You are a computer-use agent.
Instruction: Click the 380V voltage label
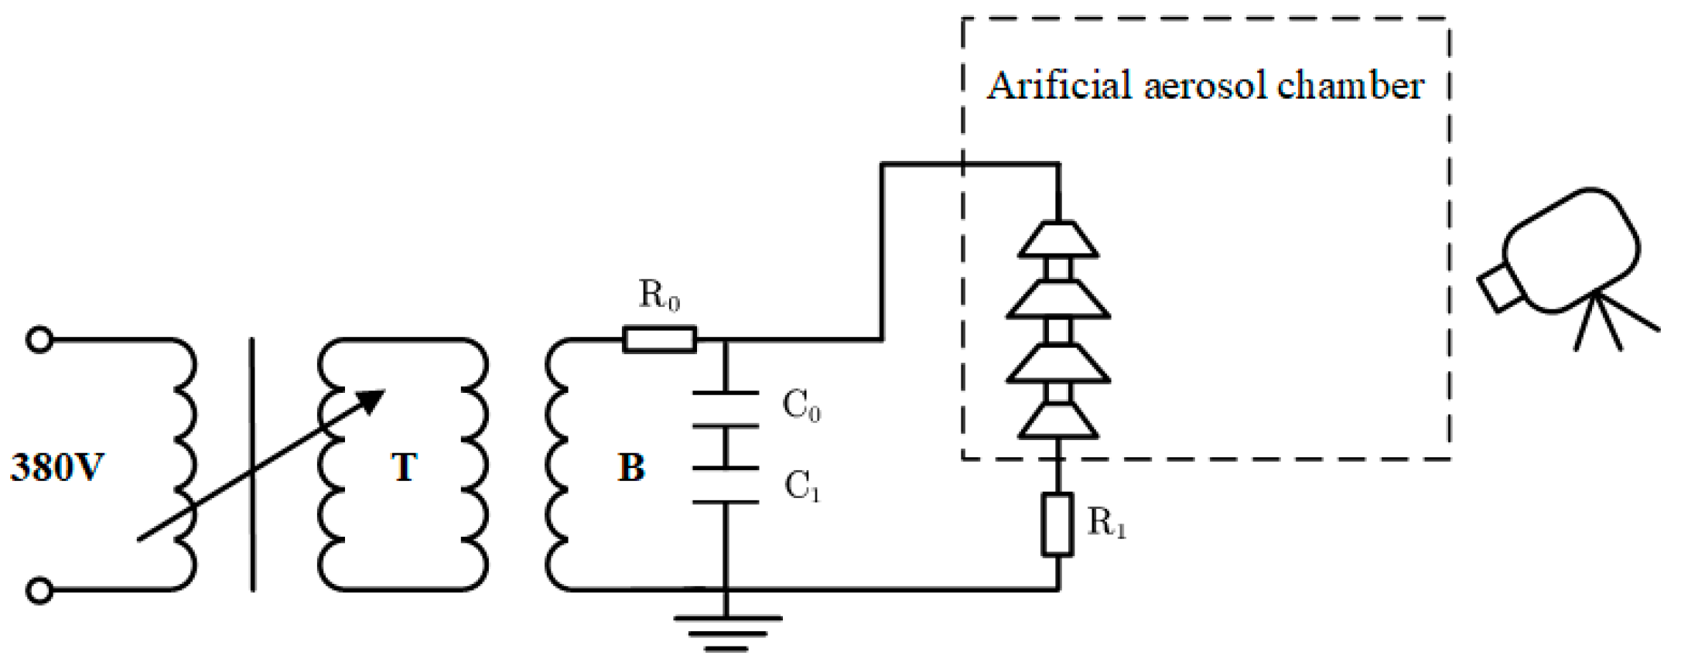[x=56, y=467]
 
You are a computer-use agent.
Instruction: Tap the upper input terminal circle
[x=39, y=340]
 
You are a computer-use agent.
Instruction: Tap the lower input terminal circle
[x=39, y=591]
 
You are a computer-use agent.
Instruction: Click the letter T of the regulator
[x=404, y=467]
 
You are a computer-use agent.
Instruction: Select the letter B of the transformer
[x=630, y=467]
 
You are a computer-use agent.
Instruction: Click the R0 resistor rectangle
[x=659, y=340]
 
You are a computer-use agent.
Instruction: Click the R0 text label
[x=659, y=295]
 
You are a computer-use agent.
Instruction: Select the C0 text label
[x=801, y=405]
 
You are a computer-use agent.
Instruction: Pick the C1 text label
[x=801, y=486]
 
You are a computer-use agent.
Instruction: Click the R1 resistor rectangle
[x=1057, y=524]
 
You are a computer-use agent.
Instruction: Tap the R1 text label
[x=1106, y=523]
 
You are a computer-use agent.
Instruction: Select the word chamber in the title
[x=1351, y=85]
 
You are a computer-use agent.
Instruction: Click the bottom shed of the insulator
[x=1057, y=421]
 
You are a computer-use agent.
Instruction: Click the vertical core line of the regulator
[x=252, y=464]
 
